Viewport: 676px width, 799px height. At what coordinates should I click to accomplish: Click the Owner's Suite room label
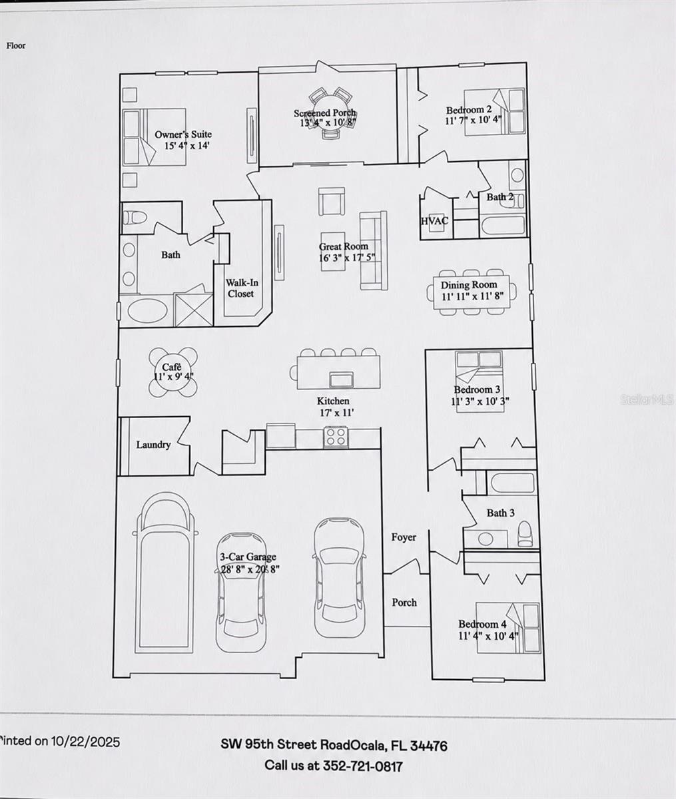(x=183, y=134)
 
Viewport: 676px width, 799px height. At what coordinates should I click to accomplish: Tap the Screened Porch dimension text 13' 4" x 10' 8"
(x=328, y=123)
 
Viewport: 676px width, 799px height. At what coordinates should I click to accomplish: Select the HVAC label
(x=434, y=220)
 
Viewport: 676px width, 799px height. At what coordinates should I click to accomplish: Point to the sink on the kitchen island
(x=341, y=380)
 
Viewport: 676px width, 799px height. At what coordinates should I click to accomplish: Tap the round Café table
(x=173, y=372)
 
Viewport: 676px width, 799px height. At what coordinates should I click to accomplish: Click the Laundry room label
(x=153, y=445)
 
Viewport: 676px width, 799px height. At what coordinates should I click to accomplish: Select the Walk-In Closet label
(x=241, y=288)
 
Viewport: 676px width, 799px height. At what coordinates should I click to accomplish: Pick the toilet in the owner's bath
(x=134, y=217)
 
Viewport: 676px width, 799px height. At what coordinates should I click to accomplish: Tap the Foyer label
(x=404, y=537)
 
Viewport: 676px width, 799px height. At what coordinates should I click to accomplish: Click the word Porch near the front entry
(x=404, y=602)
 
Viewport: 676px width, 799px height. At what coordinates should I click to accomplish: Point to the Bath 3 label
(x=500, y=513)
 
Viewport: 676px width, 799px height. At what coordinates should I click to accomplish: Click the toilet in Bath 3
(x=525, y=534)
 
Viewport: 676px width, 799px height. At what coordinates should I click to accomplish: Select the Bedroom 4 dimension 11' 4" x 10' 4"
(x=488, y=636)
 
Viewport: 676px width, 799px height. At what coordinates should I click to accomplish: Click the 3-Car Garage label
(x=248, y=557)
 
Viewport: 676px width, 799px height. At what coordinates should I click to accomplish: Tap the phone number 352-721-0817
(x=362, y=765)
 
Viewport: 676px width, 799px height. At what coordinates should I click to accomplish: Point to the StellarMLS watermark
(x=647, y=400)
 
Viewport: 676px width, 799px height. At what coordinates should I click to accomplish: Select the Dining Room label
(x=469, y=285)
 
